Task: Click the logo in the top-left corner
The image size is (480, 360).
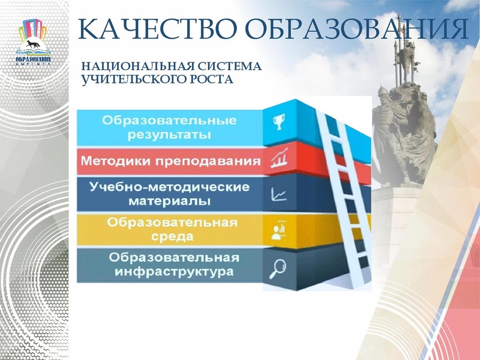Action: pos(34,44)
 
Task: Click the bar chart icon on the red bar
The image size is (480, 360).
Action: pos(278,160)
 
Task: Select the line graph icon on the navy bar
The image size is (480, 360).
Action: pos(278,194)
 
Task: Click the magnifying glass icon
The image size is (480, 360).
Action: pos(278,268)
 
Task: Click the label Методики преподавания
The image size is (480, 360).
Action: pos(170,161)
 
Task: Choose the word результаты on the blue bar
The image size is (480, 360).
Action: pos(169,134)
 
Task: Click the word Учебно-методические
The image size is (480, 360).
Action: pos(170,187)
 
